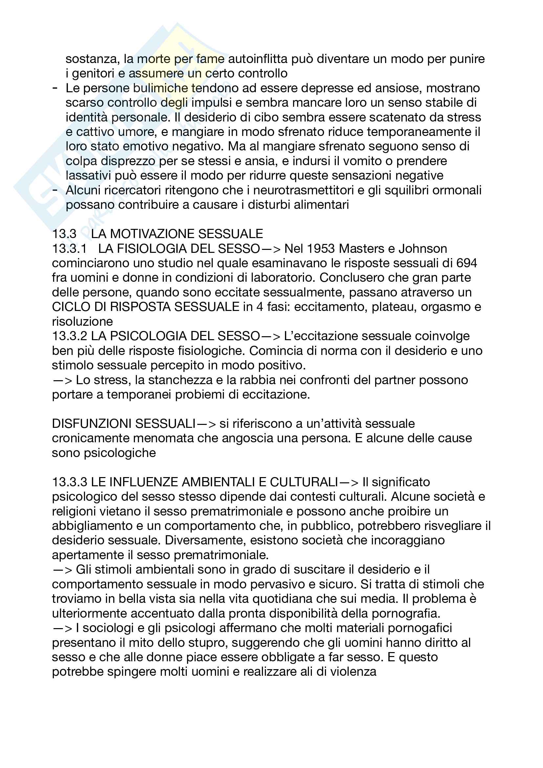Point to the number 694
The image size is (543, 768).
[467, 263]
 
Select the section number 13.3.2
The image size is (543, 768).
[70, 336]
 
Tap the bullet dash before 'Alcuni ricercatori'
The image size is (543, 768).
[55, 190]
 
